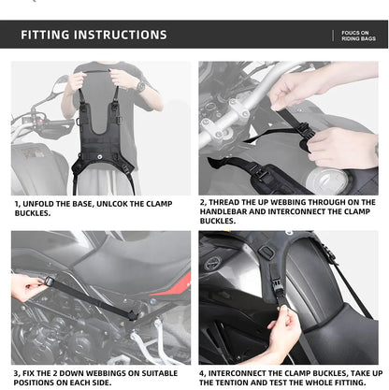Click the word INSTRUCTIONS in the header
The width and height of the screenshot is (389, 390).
click(122, 36)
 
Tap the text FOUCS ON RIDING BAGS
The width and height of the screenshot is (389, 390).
click(356, 36)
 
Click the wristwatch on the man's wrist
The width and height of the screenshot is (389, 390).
click(141, 86)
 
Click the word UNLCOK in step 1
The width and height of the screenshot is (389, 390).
click(140, 202)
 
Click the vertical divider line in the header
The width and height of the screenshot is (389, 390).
click(333, 36)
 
